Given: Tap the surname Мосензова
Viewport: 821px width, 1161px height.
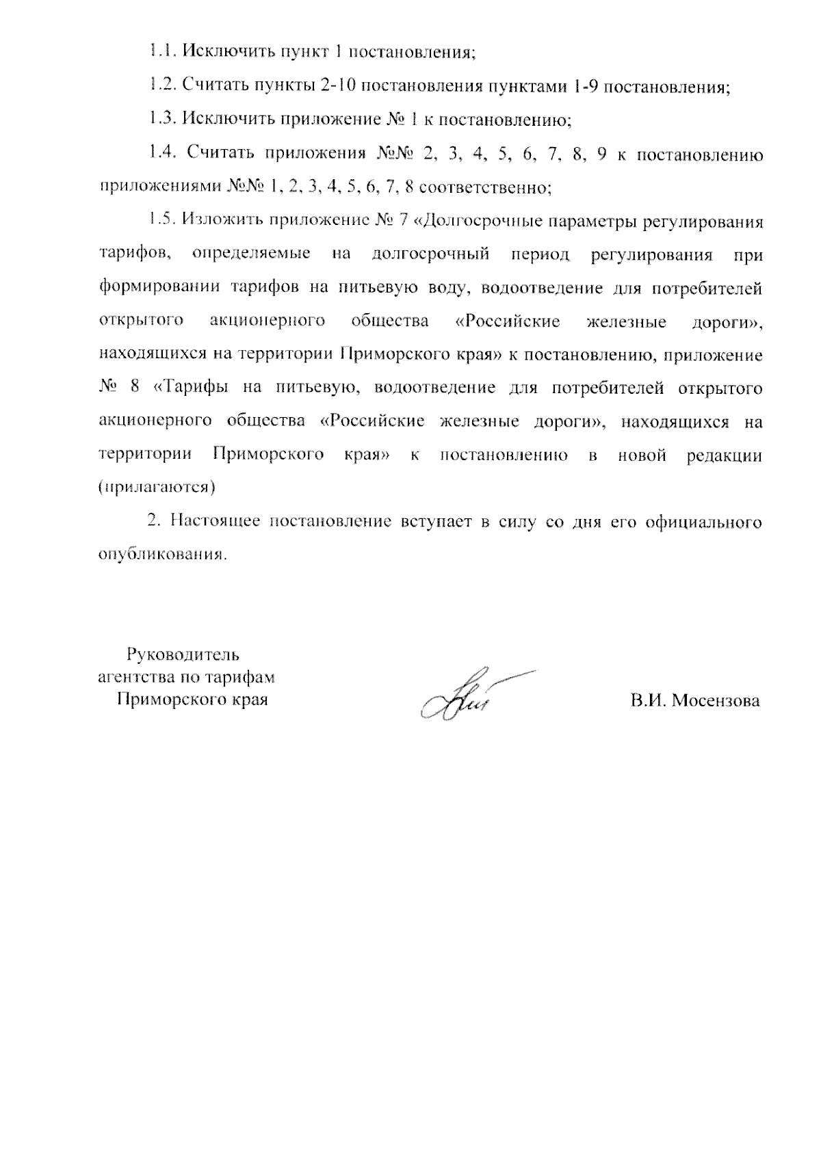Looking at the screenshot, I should click(716, 702).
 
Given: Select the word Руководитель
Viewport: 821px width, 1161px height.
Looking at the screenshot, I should click(183, 654).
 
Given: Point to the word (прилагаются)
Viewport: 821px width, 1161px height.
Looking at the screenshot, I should click(157, 488).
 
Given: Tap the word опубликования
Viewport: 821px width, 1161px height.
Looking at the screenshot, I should click(161, 555).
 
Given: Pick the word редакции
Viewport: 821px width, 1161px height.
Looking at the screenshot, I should click(724, 455).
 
